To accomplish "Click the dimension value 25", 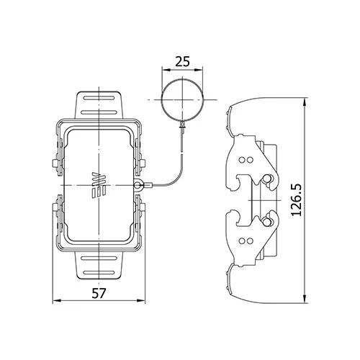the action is click(183, 61).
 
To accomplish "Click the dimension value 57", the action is click(99, 293).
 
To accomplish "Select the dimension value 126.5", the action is click(297, 200).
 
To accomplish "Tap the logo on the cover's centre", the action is click(99, 185).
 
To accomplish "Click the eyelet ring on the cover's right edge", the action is click(138, 185).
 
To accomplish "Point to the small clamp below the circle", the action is click(183, 126).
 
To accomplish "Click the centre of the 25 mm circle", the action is click(182, 99).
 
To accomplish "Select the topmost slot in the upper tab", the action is click(99, 98).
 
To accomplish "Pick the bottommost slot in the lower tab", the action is click(99, 273).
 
